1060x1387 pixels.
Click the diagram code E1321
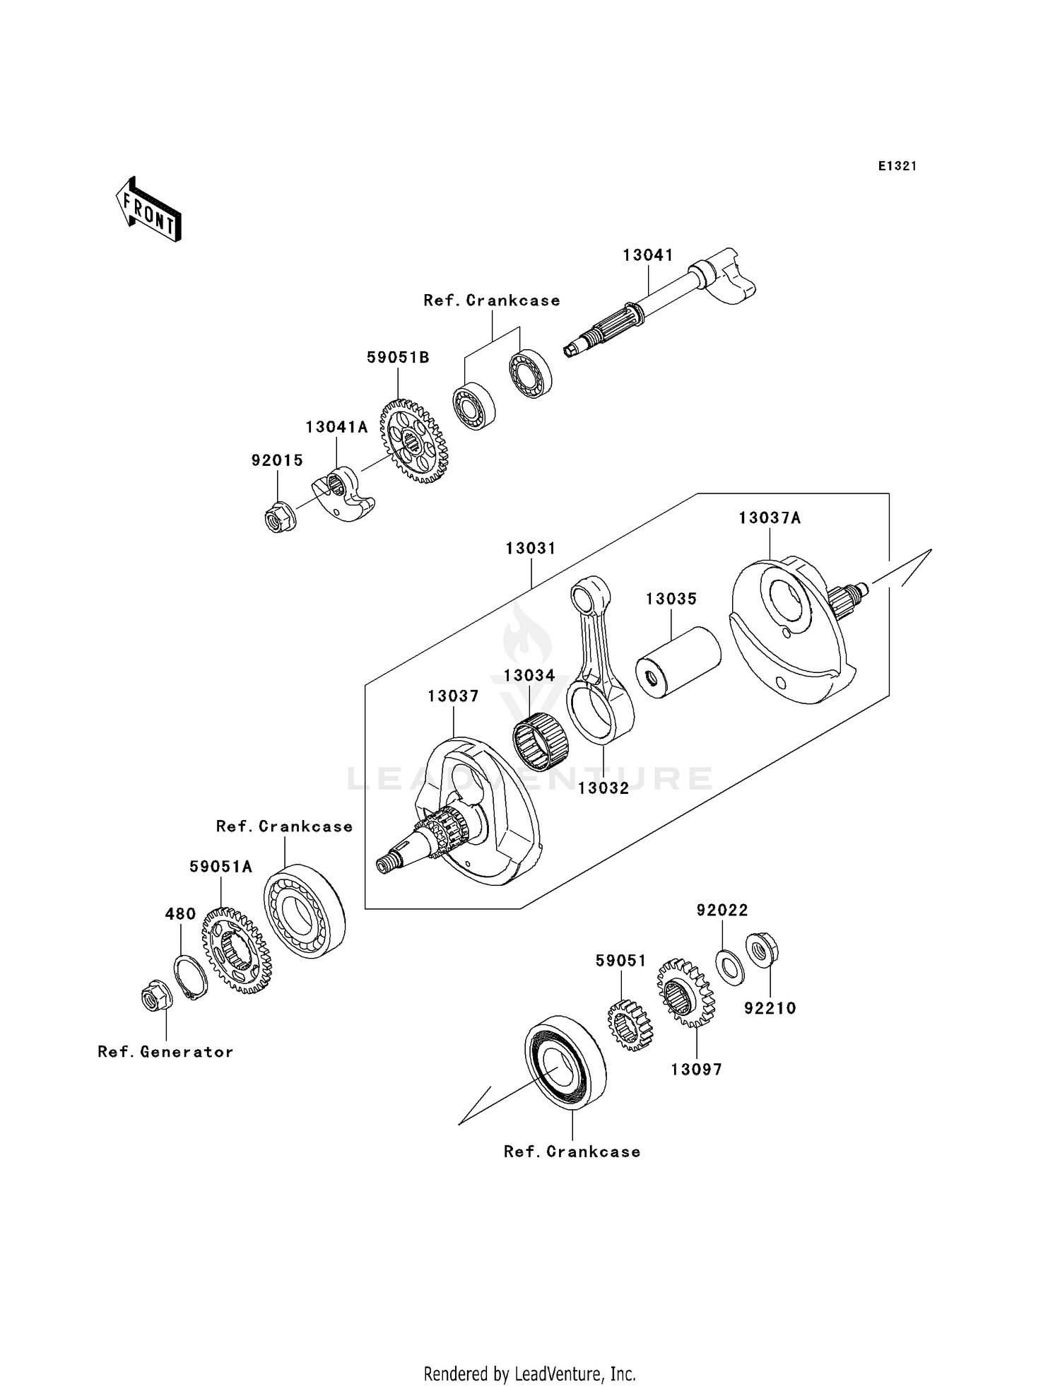click(x=897, y=166)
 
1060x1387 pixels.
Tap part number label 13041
click(x=647, y=255)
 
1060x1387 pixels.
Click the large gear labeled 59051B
click(x=415, y=442)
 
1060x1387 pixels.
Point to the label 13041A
click(x=336, y=427)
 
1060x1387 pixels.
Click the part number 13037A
click(x=770, y=518)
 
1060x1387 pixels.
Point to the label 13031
click(x=530, y=548)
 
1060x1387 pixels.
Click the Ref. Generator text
click(x=165, y=1052)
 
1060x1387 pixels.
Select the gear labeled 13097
click(x=685, y=992)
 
